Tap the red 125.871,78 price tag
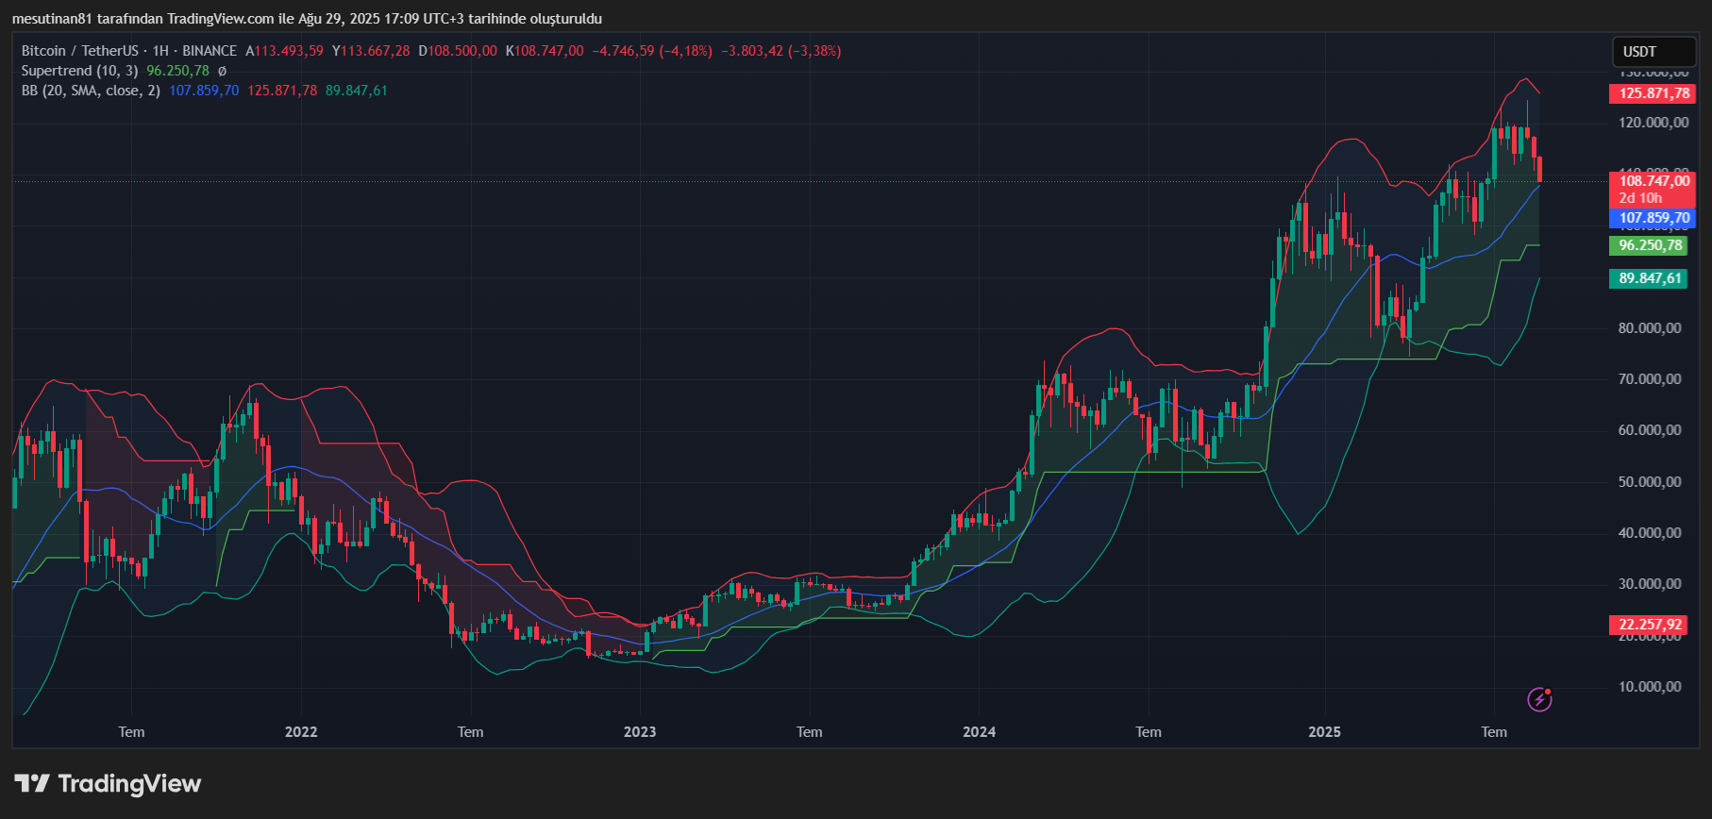1653,93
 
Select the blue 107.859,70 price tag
1653,218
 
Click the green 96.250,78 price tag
1650,245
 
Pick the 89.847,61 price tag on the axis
1650,278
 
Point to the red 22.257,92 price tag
1650,625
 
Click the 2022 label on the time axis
301,732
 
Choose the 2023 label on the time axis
640,732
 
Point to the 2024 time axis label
979,732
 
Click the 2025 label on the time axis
1324,732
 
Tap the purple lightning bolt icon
1539,699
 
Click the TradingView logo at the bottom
109,784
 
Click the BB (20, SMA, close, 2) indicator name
91,91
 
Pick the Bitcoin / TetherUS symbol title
79,51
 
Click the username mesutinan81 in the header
52,19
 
